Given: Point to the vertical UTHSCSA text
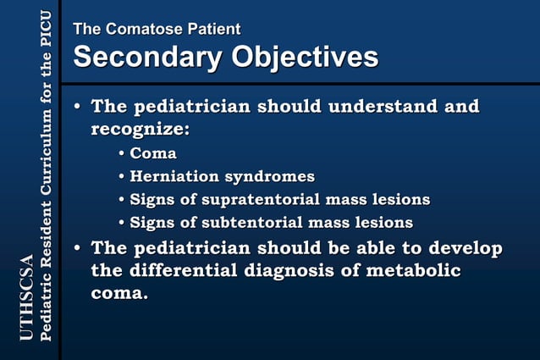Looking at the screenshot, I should click(x=26, y=297).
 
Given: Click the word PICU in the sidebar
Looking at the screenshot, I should click(x=46, y=32).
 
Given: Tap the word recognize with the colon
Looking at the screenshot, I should click(x=140, y=130).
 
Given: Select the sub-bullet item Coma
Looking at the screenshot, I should click(x=153, y=153).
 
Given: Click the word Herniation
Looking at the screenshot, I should click(x=174, y=176).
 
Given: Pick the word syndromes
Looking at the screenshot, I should click(x=269, y=176).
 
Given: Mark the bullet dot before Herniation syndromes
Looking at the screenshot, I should click(x=122, y=177).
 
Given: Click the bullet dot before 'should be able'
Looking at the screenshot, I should click(x=78, y=249).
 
